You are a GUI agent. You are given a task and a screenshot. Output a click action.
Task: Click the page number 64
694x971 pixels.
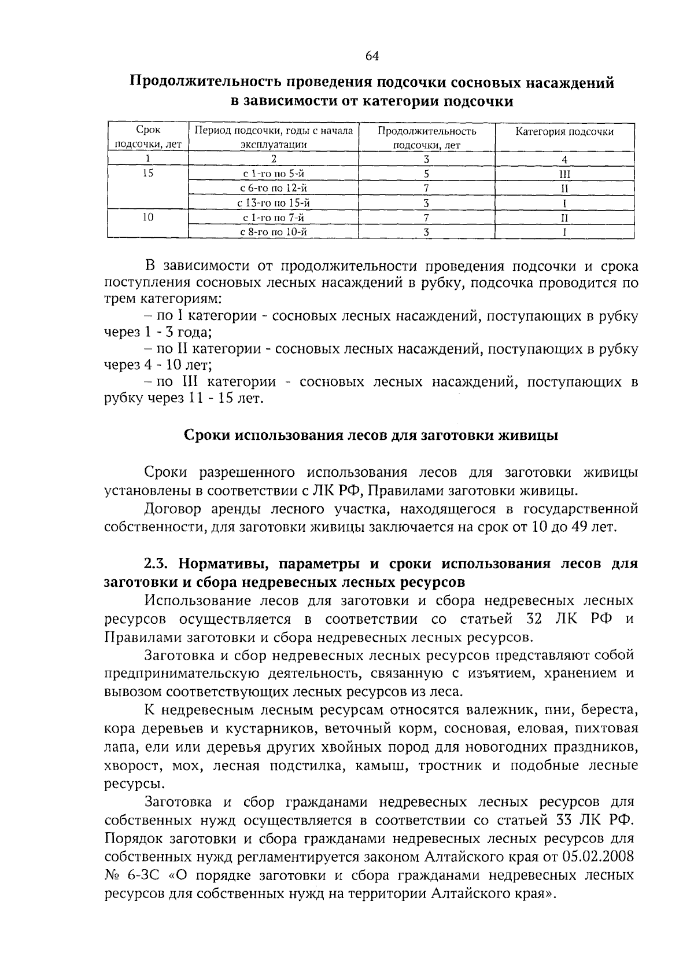[x=372, y=56]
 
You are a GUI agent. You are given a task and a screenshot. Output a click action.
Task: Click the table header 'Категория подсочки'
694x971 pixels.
[x=564, y=131]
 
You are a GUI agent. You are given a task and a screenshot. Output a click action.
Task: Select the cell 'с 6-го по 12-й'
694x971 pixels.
[x=273, y=188]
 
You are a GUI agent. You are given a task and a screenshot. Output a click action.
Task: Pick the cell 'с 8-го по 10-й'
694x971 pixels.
[x=273, y=232]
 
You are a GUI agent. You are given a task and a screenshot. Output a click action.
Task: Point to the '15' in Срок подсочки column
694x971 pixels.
[x=148, y=173]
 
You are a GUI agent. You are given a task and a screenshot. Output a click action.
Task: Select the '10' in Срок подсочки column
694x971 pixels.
[x=148, y=217]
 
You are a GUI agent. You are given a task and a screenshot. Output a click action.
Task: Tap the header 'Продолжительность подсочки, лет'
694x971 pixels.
[x=427, y=138]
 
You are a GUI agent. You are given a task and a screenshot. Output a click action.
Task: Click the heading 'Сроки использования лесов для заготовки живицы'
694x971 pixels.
[x=371, y=435]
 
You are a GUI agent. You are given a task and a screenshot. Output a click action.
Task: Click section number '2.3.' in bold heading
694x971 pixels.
[x=157, y=564]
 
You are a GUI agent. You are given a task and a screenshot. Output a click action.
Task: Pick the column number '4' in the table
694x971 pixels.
[x=564, y=159]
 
